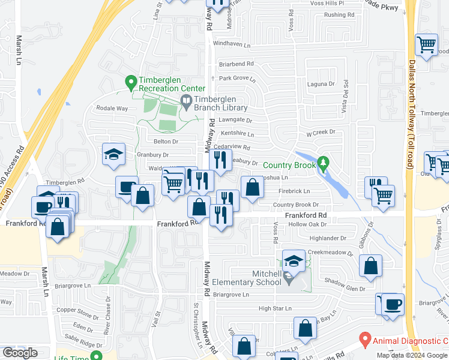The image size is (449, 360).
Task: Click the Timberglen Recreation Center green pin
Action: click(130, 81)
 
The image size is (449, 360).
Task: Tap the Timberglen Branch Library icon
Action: click(186, 103)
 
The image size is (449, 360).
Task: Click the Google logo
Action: click(20, 353)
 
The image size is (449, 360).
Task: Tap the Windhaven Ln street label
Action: click(231, 44)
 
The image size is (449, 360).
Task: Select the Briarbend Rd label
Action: click(237, 64)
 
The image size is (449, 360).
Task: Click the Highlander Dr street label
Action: click(324, 238)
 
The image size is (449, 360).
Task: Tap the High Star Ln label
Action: click(274, 308)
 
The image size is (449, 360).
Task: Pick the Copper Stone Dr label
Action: click(79, 314)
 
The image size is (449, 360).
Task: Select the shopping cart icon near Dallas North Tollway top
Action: click(426, 44)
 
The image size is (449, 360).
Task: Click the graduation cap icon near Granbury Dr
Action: click(113, 154)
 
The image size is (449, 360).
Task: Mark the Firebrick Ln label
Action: click(294, 191)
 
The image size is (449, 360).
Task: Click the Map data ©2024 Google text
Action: click(412, 355)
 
